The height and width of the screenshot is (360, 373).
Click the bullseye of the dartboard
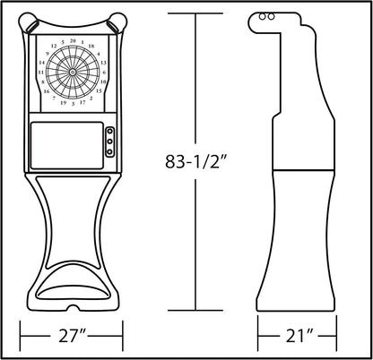click(x=73, y=72)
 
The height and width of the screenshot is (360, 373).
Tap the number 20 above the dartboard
click(x=73, y=41)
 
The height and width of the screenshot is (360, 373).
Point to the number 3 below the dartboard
click(x=73, y=104)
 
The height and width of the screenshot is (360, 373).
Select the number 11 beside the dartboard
click(x=41, y=73)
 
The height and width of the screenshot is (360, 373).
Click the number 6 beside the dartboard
click(x=104, y=73)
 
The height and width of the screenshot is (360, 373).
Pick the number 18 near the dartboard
click(x=91, y=46)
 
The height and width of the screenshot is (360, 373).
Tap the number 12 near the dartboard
click(x=54, y=46)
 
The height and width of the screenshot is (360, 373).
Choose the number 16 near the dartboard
click(x=47, y=91)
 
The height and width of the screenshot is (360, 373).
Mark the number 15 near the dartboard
click(x=99, y=90)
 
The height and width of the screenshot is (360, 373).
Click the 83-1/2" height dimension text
click(x=195, y=161)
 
